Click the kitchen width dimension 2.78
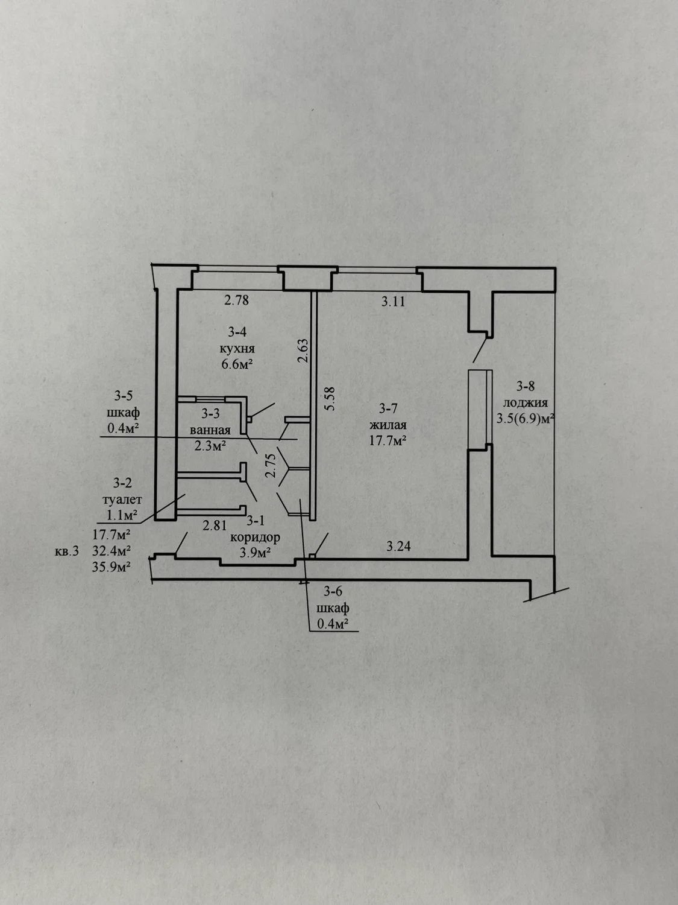click(x=236, y=300)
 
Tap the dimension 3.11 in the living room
click(x=393, y=302)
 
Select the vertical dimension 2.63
click(x=303, y=351)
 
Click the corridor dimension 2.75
click(x=270, y=466)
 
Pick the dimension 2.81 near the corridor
click(x=215, y=526)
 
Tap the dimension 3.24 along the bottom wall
click(x=398, y=546)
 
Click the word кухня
click(x=237, y=349)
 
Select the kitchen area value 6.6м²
click(x=237, y=364)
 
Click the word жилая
click(x=388, y=425)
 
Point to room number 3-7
click(x=388, y=408)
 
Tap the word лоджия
click(x=526, y=403)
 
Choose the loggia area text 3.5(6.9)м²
click(x=525, y=419)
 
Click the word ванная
click(x=210, y=430)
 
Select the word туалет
click(x=122, y=500)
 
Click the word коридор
click(x=255, y=538)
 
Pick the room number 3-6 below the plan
click(x=333, y=592)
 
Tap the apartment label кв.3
click(x=67, y=551)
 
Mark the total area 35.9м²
click(x=111, y=567)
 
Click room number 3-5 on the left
click(x=124, y=396)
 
